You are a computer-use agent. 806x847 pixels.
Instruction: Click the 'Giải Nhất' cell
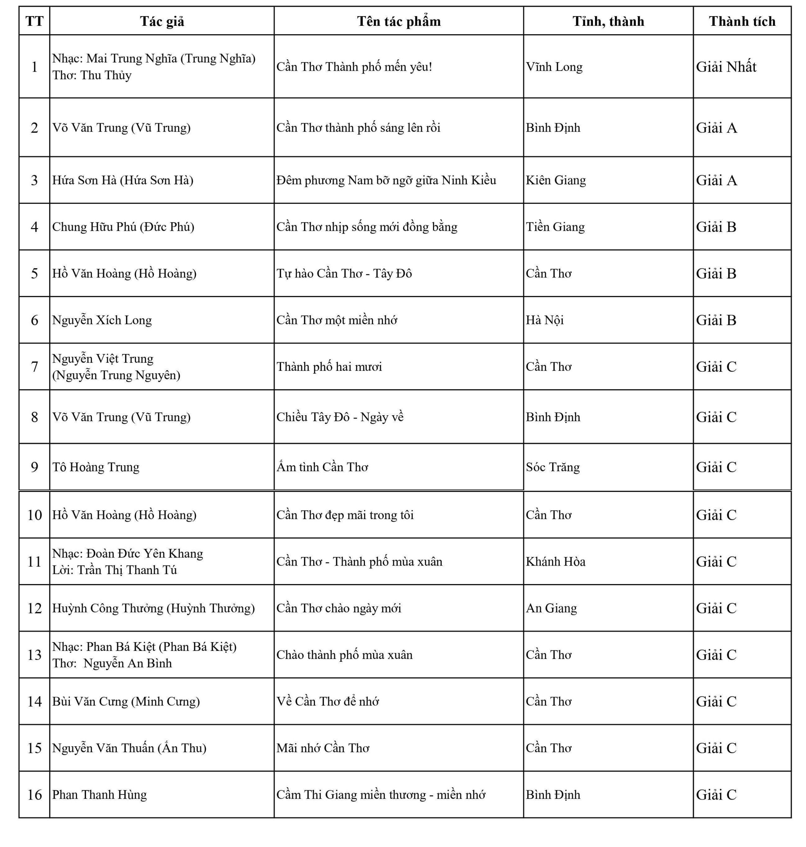[x=726, y=67]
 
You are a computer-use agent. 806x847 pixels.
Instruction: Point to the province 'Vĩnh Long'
[x=554, y=67]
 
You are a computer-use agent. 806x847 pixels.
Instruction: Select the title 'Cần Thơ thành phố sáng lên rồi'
[x=358, y=128]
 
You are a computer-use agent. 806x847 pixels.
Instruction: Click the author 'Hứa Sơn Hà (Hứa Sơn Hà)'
[x=123, y=180]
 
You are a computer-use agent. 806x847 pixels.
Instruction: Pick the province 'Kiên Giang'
[x=556, y=180]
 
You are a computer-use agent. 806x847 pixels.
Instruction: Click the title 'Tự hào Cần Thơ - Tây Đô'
[x=344, y=273]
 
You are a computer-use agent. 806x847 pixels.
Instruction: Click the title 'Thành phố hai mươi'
[x=329, y=367]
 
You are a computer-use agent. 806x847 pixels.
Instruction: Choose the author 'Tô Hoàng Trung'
[x=96, y=467]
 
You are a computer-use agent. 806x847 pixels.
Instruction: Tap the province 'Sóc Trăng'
[x=553, y=467]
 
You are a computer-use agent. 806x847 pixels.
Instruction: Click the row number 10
[x=34, y=515]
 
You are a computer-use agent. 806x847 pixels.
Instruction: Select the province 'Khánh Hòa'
[x=555, y=561]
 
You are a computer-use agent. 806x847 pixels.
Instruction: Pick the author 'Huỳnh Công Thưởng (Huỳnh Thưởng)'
[x=153, y=608]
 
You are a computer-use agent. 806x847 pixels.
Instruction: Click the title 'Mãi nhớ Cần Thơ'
[x=323, y=748]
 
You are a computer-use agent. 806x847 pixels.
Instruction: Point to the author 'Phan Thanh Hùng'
[x=99, y=794]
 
